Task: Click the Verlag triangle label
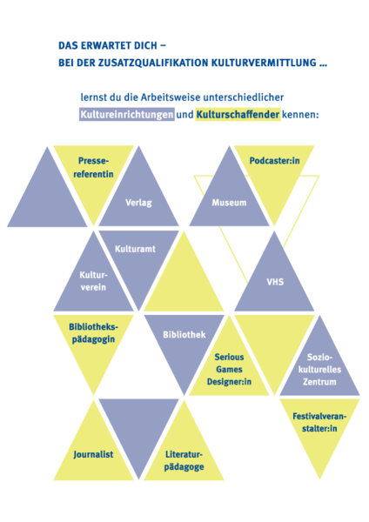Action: [x=138, y=203]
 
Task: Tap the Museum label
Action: [x=229, y=203]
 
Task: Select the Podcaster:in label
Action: [x=274, y=161]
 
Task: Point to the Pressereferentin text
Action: [x=93, y=167]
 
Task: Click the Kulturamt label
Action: [x=135, y=249]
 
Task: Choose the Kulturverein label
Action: [x=93, y=281]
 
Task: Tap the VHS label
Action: [x=275, y=282]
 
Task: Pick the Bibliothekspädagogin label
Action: [x=93, y=333]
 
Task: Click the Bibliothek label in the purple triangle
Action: [x=184, y=335]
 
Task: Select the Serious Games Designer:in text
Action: [x=229, y=369]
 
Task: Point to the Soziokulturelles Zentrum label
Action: [x=319, y=369]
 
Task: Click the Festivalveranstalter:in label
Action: [x=319, y=422]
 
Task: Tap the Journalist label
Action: [x=93, y=454]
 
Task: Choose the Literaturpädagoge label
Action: [x=184, y=461]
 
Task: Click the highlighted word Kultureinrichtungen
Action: [x=127, y=115]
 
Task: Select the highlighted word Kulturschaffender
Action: [x=238, y=115]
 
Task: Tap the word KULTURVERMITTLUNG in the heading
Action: [x=264, y=63]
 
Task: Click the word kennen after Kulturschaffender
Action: [x=300, y=115]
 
